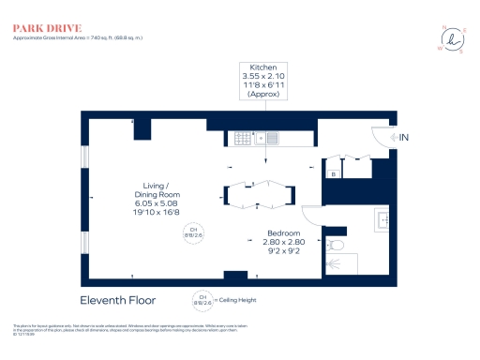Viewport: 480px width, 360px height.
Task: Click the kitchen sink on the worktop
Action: (x=264, y=138)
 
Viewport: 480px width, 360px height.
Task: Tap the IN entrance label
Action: (x=404, y=138)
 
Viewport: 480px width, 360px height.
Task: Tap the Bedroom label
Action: (x=283, y=232)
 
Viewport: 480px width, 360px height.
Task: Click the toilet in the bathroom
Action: (x=337, y=246)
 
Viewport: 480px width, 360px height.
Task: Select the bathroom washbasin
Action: (x=382, y=221)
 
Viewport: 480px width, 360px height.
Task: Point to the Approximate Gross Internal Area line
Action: (x=77, y=37)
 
